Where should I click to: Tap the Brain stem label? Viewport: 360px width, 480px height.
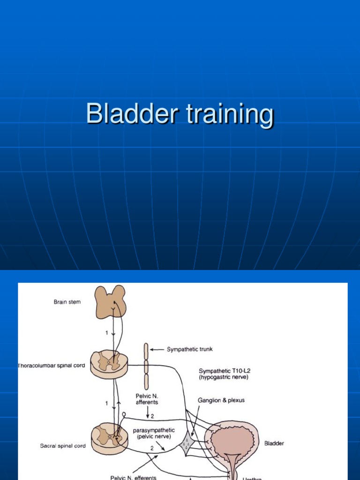[67, 302]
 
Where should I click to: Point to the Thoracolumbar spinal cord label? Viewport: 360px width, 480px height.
[52, 365]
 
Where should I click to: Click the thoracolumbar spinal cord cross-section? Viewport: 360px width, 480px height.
[109, 363]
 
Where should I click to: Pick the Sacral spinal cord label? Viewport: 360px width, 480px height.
[63, 446]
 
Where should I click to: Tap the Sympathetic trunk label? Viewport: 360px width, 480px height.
[189, 349]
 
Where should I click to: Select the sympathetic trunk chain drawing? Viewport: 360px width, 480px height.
[146, 366]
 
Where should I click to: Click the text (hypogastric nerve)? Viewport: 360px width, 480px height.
[222, 377]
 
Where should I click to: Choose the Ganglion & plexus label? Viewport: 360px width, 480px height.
[221, 400]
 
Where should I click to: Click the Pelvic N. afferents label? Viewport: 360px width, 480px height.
[147, 398]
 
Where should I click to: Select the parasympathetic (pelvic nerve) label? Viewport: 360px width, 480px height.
[154, 433]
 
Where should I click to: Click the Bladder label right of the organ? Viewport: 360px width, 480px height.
[274, 443]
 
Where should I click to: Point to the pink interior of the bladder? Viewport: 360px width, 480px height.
[232, 441]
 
